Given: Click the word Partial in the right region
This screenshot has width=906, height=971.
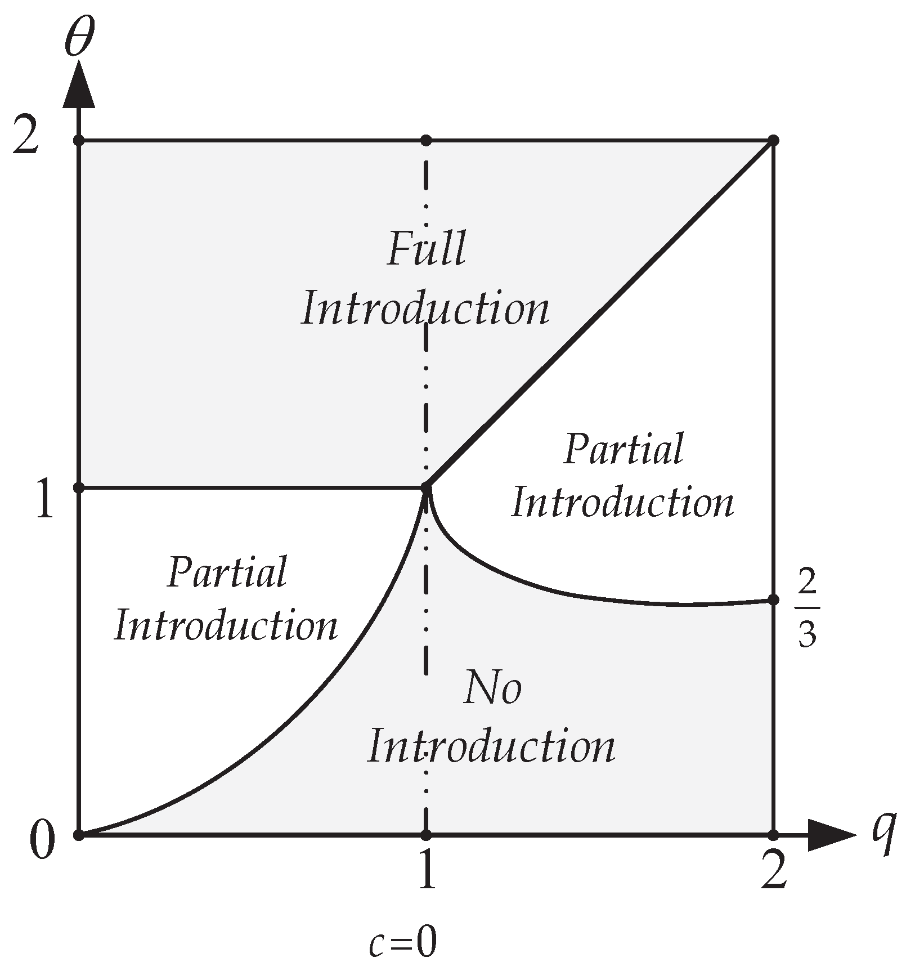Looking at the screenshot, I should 624,449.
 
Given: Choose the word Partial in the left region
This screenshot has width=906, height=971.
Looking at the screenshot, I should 227,572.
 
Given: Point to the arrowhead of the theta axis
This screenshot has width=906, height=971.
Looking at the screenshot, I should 78,84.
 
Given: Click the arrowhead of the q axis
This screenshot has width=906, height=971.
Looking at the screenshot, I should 833,835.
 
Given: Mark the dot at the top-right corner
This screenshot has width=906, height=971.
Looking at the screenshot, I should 774,140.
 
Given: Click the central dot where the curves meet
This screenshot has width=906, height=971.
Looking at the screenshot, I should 427,487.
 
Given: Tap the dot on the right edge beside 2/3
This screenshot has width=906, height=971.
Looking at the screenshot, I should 774,599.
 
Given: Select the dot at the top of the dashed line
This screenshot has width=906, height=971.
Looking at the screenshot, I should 427,140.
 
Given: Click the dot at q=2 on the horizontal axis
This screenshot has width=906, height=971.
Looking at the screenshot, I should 774,835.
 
